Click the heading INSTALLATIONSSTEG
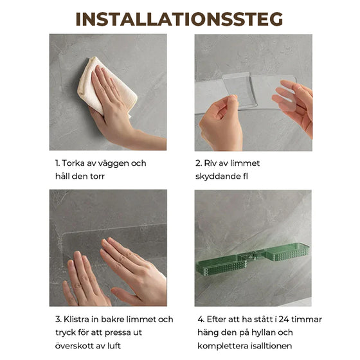click(179, 19)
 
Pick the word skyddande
click(217, 177)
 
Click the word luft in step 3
click(114, 346)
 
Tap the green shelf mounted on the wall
click(253, 260)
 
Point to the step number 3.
click(58, 319)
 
